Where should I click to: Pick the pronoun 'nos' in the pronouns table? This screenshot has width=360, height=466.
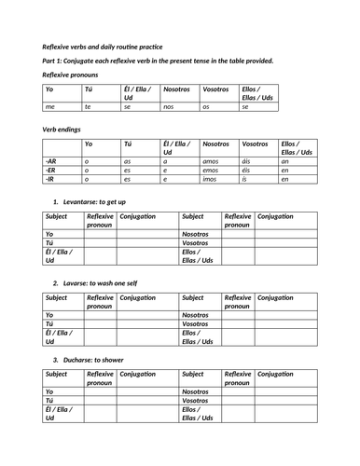point(168,107)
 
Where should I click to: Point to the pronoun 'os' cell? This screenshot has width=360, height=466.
point(206,107)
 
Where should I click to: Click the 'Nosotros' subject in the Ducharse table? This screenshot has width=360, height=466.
point(197,392)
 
